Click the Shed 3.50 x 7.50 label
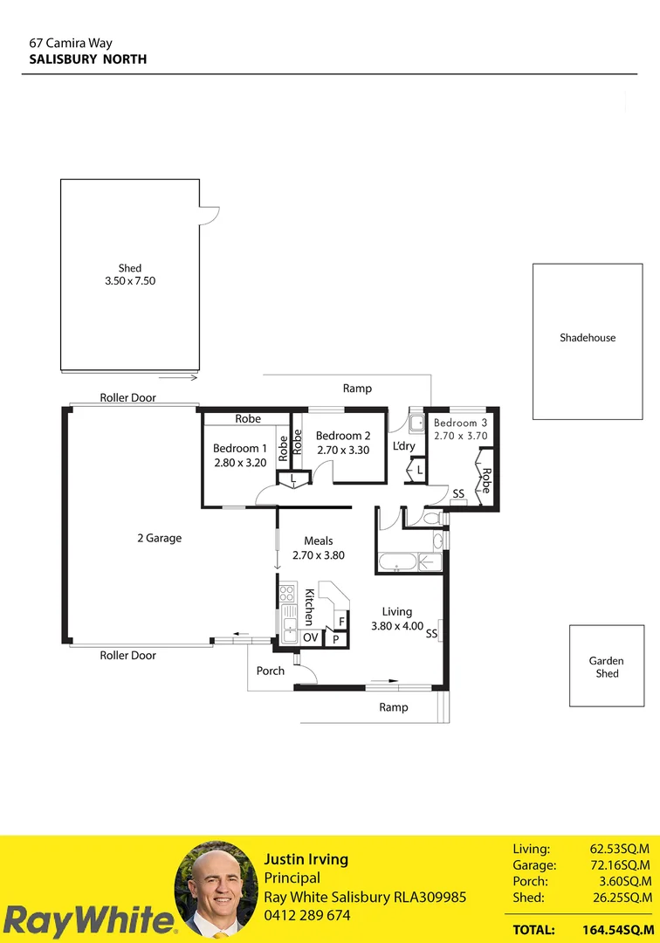coord(129,275)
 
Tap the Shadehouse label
coord(588,338)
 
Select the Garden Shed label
coord(607,667)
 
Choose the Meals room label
coord(318,541)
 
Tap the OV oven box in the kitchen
coord(311,638)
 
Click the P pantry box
coord(336,640)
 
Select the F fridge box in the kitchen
coord(341,622)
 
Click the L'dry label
coord(403,445)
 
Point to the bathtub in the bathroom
coord(397,562)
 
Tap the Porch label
coord(270,671)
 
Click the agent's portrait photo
coord(216,888)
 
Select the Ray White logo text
coord(87,920)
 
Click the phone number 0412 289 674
coord(306,916)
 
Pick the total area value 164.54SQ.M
coord(616,930)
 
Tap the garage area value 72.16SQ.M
coord(621,865)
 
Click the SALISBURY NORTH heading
coord(87,59)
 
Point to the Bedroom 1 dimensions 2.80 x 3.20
coord(239,463)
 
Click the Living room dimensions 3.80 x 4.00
coord(396,626)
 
